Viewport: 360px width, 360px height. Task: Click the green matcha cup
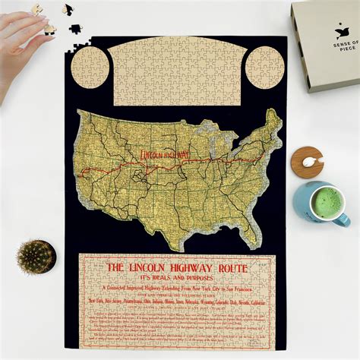coord(319,203)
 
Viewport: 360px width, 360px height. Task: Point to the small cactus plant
coord(36,256)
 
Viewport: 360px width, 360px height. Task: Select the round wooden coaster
coord(307,162)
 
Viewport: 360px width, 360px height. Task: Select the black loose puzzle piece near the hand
coord(74,29)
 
